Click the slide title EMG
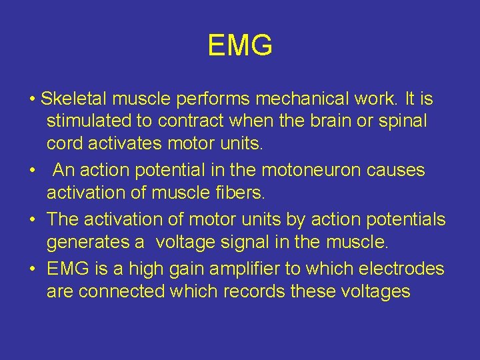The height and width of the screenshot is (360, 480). (240, 46)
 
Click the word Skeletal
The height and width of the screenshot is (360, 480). (73, 99)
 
